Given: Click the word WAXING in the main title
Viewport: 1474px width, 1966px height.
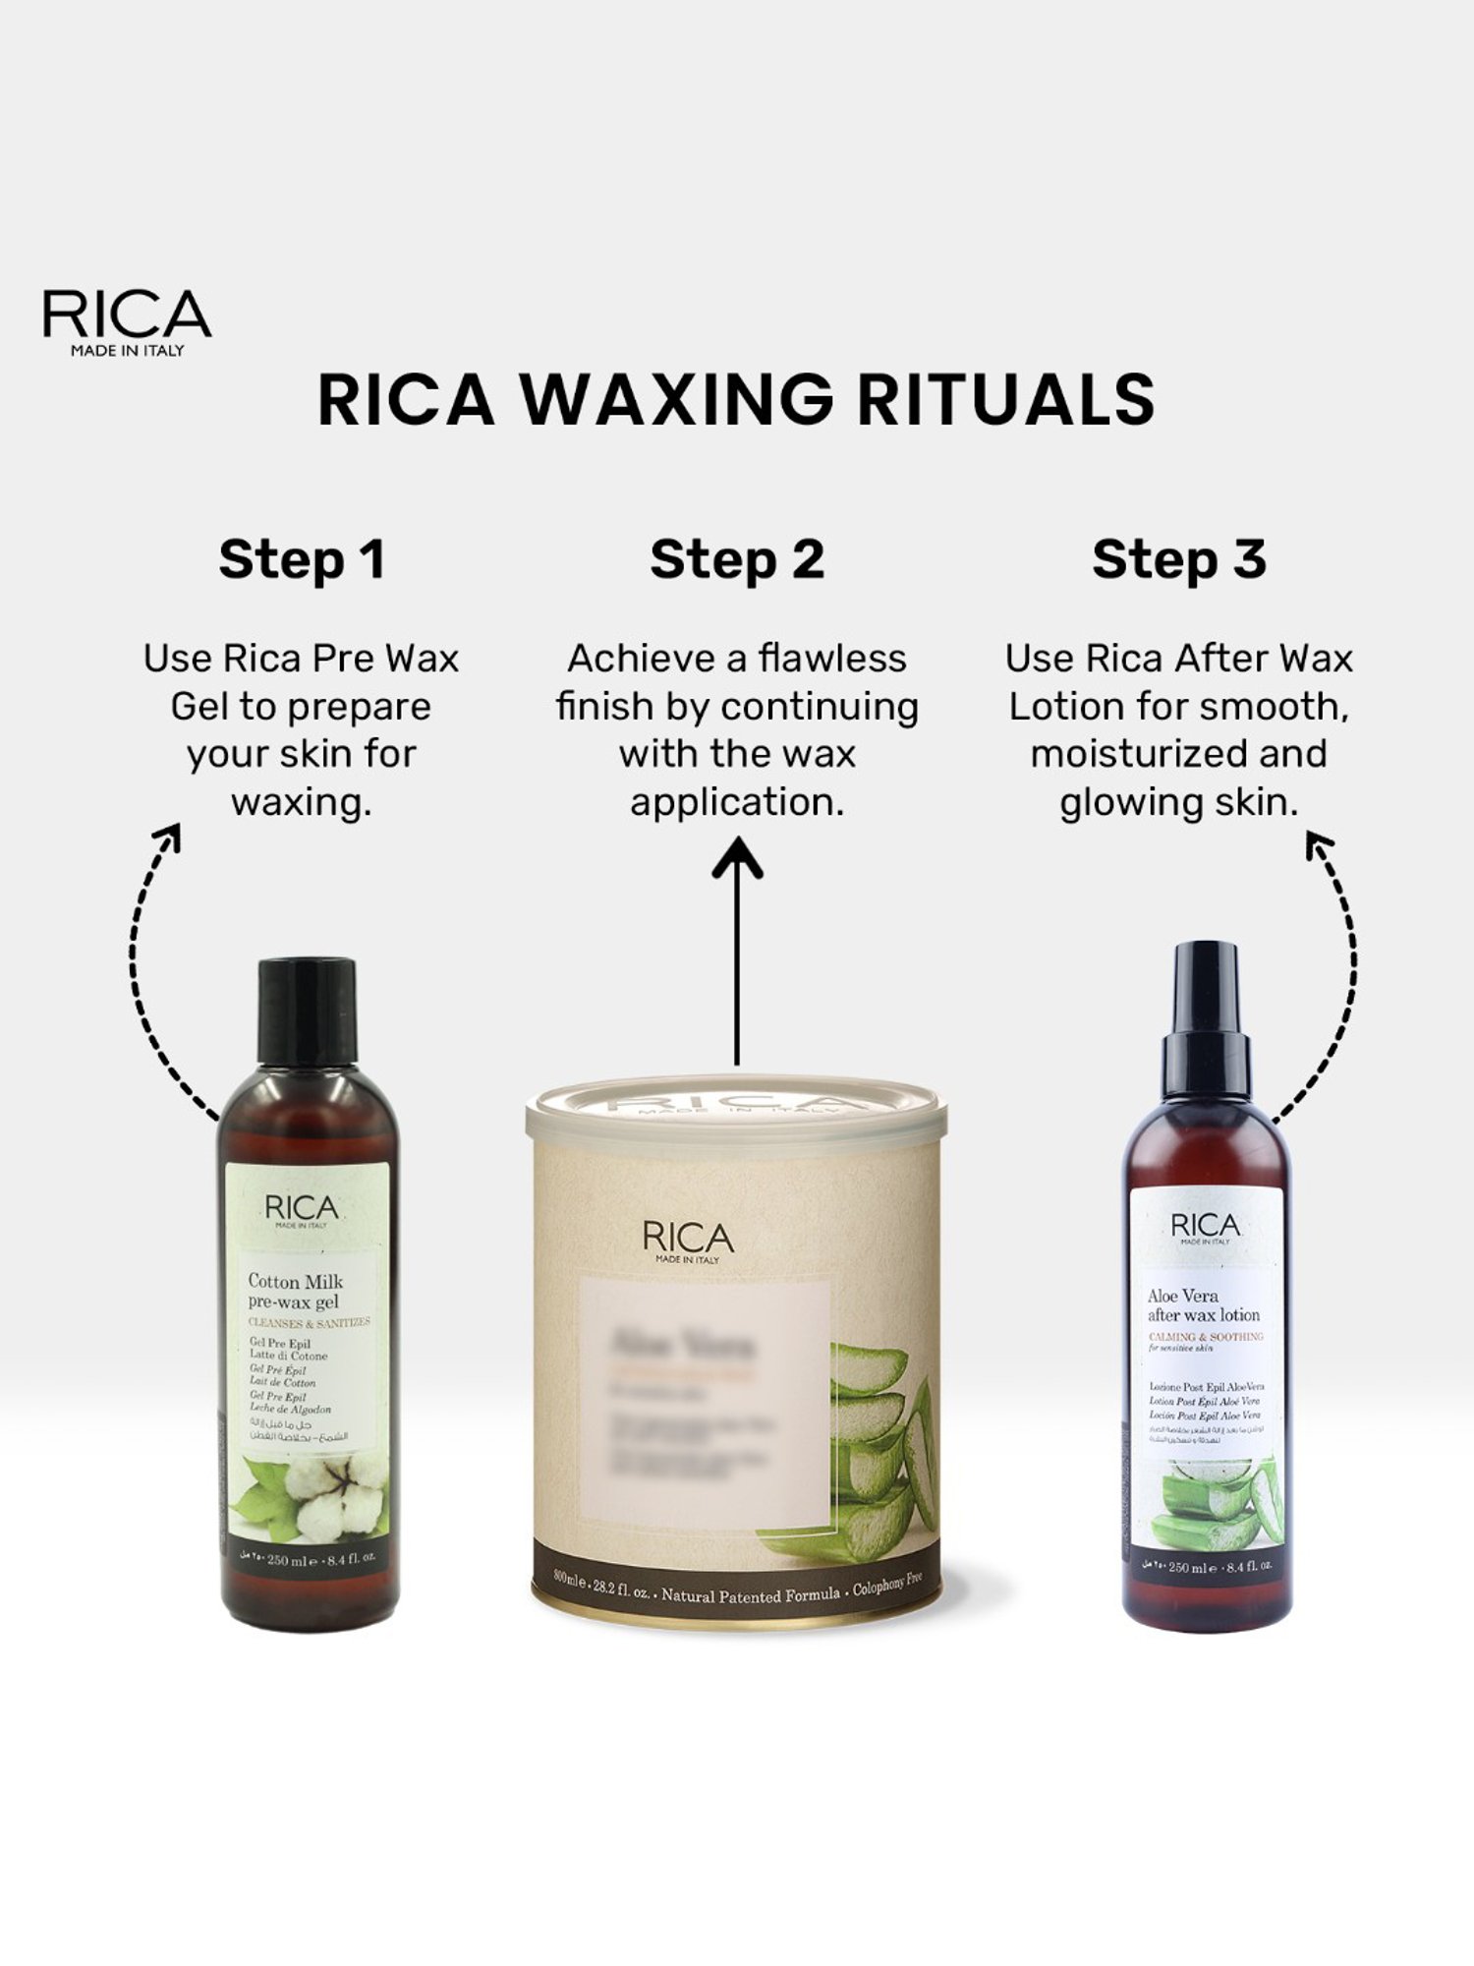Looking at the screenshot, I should tap(676, 399).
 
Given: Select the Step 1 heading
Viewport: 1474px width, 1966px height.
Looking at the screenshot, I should tap(301, 559).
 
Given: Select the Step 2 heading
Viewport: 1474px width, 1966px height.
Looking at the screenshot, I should tap(737, 559).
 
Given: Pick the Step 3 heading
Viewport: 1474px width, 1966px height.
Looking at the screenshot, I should tap(1178, 559).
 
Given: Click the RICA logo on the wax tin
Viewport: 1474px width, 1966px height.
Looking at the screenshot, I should tap(688, 1241).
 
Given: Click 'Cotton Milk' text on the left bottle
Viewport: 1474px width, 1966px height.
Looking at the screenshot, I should tap(295, 1281).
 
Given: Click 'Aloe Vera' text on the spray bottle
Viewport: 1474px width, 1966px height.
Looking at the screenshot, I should tap(1182, 1296).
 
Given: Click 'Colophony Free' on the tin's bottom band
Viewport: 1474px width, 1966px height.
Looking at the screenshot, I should tap(886, 1585).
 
